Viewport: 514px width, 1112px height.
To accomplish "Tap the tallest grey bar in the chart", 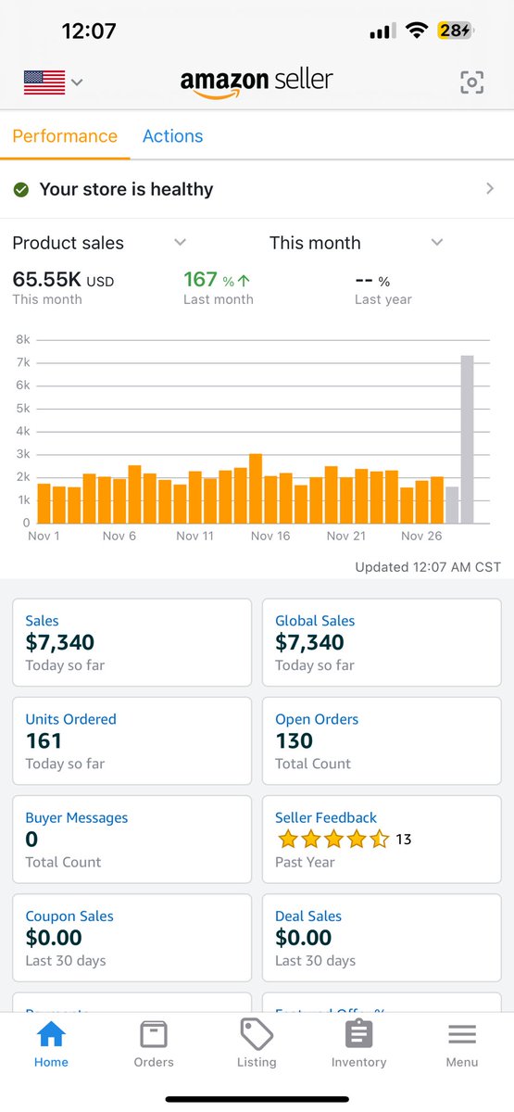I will [468, 440].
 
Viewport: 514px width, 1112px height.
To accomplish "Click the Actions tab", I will [172, 136].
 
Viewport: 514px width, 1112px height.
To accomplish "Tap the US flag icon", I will [44, 82].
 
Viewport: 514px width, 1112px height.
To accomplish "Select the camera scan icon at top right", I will [471, 82].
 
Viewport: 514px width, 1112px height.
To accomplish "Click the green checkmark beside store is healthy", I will [20, 189].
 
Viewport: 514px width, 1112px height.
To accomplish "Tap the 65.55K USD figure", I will [62, 280].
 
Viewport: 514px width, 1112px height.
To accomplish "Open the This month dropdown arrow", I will [437, 243].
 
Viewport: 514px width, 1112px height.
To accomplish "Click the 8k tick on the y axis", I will [22, 339].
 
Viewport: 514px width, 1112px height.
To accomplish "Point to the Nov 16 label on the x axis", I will [270, 536].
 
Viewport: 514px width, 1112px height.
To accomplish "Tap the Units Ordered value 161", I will [44, 741].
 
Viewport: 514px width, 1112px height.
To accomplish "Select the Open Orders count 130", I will [295, 741].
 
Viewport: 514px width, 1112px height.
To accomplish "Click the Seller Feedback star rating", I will [332, 840].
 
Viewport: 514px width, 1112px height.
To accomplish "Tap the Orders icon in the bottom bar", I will [154, 1034].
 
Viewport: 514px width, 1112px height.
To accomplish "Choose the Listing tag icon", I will [257, 1034].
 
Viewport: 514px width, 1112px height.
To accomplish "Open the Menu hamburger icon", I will [461, 1034].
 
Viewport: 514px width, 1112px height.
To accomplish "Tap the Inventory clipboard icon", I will [358, 1034].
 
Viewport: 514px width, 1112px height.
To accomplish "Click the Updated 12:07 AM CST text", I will [428, 567].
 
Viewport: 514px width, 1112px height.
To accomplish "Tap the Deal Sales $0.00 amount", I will [304, 938].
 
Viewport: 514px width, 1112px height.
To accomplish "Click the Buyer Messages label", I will [77, 817].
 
